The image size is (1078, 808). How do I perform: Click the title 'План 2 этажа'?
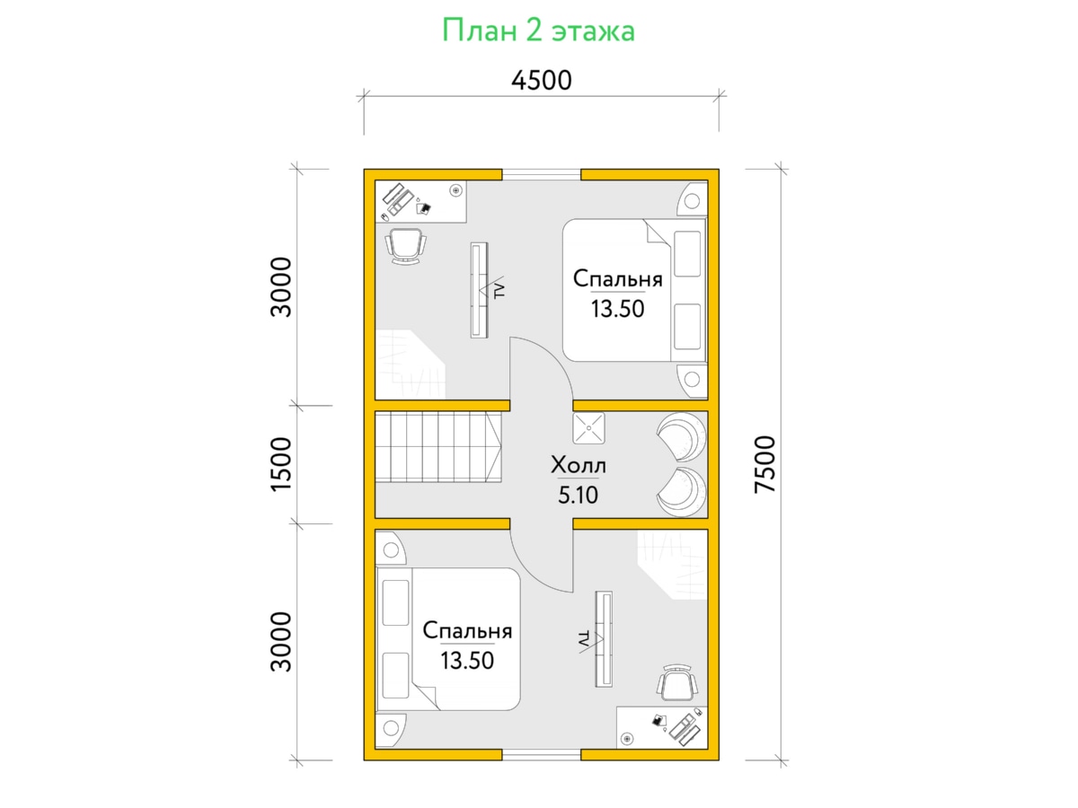point(538,31)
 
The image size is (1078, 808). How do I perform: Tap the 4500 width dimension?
point(541,81)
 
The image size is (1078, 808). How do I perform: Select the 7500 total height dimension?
point(765,464)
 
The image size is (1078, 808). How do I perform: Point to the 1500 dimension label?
point(281,464)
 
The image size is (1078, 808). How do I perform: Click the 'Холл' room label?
point(578,464)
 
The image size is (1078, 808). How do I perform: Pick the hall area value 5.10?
point(578,495)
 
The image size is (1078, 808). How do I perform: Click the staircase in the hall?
point(438,447)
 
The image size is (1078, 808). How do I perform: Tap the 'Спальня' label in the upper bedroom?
point(618,278)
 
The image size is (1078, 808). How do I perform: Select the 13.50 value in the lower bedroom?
point(467,661)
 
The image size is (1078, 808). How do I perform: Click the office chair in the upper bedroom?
point(406,246)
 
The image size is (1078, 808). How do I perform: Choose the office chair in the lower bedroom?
point(677,682)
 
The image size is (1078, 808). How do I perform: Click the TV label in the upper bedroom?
point(499,290)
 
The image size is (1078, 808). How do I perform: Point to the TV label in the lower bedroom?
point(583,638)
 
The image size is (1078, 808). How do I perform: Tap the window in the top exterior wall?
point(541,175)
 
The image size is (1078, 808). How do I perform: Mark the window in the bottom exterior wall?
point(541,755)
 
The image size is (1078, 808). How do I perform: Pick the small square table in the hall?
point(588,428)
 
